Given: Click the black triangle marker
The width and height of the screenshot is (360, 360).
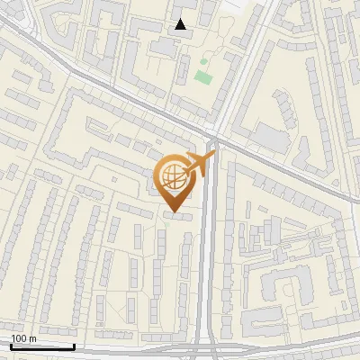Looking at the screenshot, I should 181,24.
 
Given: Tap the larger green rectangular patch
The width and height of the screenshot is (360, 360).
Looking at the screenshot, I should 202,77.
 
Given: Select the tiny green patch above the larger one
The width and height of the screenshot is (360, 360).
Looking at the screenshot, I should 203,61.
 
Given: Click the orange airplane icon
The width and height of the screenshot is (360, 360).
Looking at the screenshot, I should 200,164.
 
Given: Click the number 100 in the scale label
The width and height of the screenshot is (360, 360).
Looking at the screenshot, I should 21,338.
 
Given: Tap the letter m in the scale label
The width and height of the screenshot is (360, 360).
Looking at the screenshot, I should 32,338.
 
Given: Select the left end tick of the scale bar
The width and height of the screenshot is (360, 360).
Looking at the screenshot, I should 10,346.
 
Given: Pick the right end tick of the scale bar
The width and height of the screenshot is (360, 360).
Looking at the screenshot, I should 74,346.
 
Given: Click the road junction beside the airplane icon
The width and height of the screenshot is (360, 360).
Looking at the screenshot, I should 211,142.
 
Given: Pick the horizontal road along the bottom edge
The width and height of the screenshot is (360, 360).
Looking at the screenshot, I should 135,349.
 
